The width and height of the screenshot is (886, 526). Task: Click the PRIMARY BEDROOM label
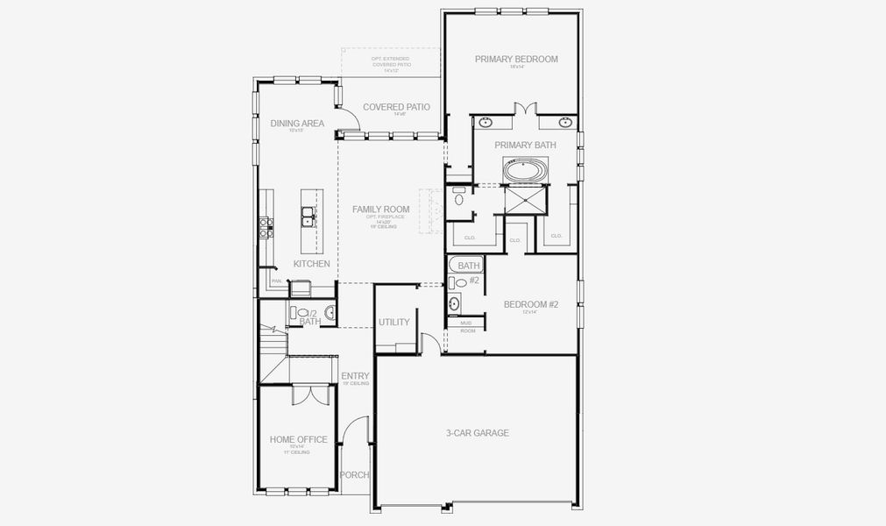coord(516,60)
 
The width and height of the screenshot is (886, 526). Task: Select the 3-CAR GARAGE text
coord(477,433)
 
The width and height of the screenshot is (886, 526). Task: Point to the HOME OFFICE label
coord(298,440)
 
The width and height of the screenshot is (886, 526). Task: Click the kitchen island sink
coord(308,215)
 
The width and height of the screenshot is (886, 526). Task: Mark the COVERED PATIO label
coord(396,107)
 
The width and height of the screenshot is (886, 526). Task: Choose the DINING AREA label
coord(297,124)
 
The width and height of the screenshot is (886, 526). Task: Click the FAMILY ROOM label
coord(381,210)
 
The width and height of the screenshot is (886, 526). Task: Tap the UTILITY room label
coord(394,322)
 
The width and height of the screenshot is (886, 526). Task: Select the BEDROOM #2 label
coord(530,304)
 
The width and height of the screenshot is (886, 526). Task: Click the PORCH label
coord(355,475)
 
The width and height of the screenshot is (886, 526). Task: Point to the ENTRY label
coord(355,376)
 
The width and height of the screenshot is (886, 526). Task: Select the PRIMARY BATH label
coord(521,145)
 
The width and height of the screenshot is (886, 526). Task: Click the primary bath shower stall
coord(526,201)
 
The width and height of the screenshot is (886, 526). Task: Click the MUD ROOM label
coord(466,327)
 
